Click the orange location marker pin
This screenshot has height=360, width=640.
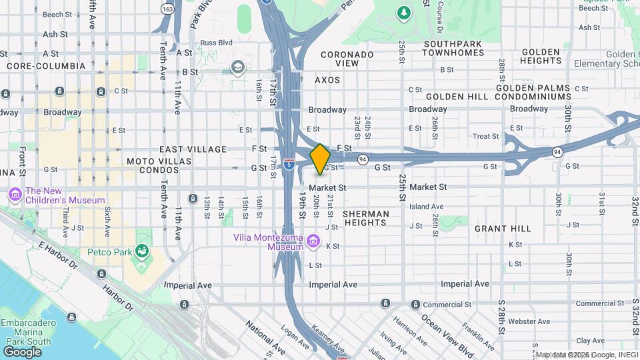click(320, 159)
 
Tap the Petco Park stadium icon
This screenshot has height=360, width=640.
click(141, 251)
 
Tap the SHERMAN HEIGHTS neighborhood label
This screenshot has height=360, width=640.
click(365, 218)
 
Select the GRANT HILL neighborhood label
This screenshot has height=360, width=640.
click(503, 229)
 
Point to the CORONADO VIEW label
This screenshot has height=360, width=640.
click(347, 59)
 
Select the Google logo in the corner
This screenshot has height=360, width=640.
click(22, 351)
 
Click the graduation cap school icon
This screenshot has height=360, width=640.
click(238, 67)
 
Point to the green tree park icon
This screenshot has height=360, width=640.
click(403, 12)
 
